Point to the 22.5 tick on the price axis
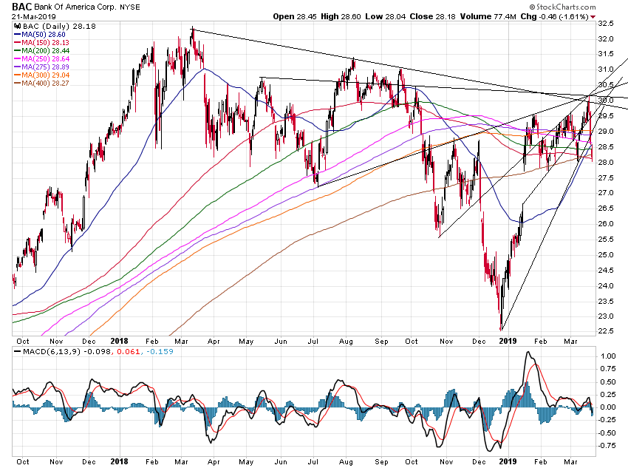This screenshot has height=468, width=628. (607, 330)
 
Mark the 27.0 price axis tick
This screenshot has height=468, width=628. (607, 192)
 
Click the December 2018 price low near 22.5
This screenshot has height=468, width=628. (501, 328)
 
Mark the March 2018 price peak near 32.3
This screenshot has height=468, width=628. (192, 30)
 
